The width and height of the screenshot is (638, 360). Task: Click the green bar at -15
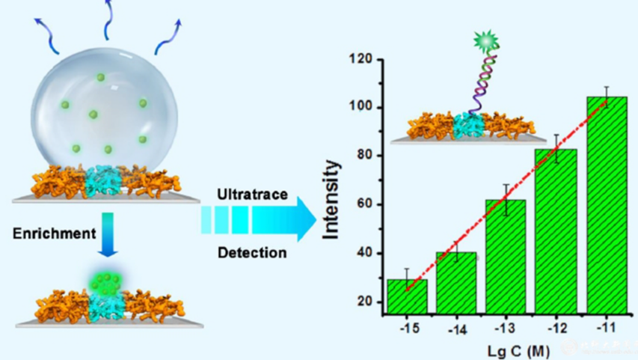[x=407, y=296]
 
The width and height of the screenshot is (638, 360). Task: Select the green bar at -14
[x=456, y=282]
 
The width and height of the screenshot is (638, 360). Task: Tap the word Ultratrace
[x=251, y=195]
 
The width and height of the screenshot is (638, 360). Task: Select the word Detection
[x=251, y=252]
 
